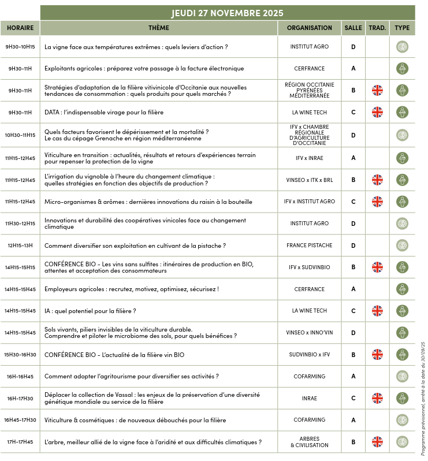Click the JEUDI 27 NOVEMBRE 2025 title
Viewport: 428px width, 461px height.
point(227,13)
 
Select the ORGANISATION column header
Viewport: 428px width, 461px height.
point(309,28)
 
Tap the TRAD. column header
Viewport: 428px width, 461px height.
point(377,28)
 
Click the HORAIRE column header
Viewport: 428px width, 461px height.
point(20,28)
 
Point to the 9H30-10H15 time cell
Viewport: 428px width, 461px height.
point(20,47)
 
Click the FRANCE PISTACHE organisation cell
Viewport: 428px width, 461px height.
point(309,246)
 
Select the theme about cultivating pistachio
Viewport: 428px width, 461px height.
point(135,246)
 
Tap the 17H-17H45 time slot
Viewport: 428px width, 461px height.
point(20,443)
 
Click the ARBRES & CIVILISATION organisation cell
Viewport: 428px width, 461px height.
point(309,442)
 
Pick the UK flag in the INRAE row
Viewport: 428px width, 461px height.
point(377,398)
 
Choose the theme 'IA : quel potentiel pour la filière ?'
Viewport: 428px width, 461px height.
point(90,311)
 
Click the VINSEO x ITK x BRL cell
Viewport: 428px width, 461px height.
point(309,180)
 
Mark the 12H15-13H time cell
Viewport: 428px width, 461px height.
point(20,246)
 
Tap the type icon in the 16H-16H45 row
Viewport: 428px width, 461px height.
point(403,376)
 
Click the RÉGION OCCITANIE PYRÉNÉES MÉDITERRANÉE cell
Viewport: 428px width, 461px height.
point(309,90)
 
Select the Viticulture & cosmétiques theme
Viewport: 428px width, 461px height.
point(135,420)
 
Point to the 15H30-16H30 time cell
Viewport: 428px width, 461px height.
point(20,355)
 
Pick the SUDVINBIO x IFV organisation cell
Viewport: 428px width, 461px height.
point(309,355)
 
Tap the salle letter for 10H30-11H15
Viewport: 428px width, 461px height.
point(353,135)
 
